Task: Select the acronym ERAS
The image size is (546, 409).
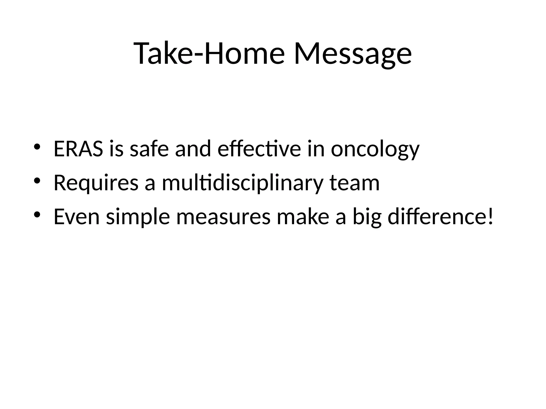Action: pos(78,149)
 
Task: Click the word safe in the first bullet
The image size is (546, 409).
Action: pos(149,149)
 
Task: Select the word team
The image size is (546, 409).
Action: pos(354,183)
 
